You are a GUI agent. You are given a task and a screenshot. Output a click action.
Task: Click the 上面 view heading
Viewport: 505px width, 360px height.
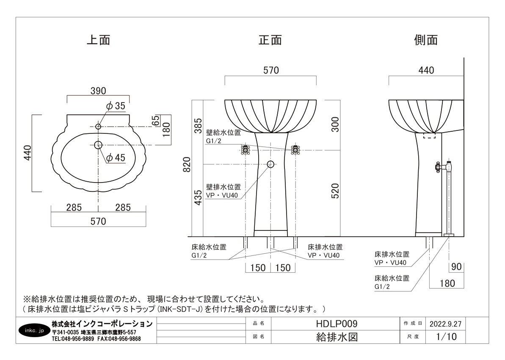99,40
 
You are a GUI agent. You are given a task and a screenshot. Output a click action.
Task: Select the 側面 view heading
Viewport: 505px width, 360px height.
426,40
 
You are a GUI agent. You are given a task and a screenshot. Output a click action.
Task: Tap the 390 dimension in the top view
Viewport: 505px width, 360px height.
98,91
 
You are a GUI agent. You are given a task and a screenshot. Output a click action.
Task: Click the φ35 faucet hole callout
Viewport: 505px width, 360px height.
116,106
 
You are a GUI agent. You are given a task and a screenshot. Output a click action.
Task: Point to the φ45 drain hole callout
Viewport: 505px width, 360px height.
116,158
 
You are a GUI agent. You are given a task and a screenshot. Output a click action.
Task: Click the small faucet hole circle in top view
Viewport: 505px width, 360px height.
98,126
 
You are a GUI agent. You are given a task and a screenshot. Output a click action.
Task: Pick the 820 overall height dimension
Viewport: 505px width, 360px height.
187,164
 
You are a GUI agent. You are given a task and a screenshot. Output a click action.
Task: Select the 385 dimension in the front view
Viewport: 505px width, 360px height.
198,126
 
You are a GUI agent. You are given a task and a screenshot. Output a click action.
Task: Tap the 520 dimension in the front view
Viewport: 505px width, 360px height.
335,191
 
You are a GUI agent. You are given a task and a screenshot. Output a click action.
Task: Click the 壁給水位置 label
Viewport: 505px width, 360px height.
224,133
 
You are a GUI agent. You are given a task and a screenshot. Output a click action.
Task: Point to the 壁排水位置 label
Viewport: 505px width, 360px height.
224,187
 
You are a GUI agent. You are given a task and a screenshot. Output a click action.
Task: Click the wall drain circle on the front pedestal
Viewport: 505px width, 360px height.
270,164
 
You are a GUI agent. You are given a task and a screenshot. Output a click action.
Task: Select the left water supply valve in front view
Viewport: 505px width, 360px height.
246,150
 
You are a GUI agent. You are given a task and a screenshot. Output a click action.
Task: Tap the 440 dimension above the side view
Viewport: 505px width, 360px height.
426,70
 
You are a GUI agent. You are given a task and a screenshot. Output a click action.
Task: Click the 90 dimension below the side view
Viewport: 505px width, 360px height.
456,267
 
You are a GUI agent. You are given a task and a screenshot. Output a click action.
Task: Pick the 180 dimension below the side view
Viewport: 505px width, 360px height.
447,284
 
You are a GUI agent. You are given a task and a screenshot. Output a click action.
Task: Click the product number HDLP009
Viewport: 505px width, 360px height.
337,324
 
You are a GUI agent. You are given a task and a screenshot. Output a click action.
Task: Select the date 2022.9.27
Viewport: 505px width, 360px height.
445,324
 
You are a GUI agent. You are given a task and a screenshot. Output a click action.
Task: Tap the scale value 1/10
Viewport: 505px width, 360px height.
447,337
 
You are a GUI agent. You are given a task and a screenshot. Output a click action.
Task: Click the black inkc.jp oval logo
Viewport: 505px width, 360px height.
34,330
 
